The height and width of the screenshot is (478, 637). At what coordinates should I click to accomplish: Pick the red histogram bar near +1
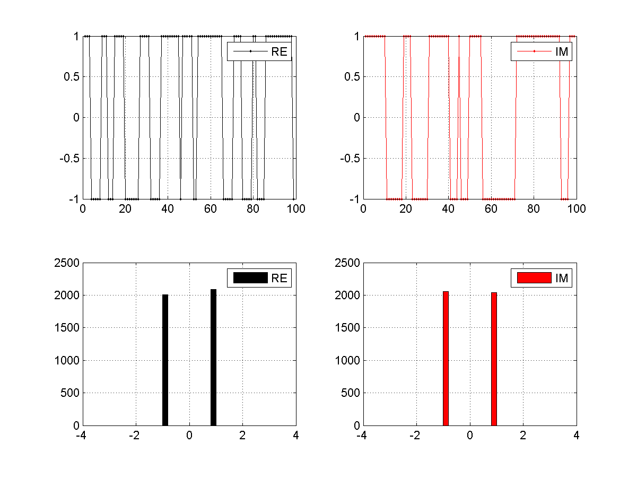[494, 359]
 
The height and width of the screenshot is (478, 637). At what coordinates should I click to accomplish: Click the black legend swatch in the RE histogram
[250, 277]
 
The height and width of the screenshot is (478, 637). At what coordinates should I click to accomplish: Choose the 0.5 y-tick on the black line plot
[69, 77]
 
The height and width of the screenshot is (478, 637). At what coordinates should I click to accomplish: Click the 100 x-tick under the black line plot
[295, 209]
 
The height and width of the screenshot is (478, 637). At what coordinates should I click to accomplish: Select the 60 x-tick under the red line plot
[491, 209]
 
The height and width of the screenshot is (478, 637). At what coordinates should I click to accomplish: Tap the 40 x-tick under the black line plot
[168, 209]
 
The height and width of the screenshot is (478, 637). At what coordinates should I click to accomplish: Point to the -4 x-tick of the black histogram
[81, 436]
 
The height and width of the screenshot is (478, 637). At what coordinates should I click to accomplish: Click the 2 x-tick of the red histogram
[523, 436]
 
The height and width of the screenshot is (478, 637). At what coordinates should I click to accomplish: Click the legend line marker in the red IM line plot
[534, 51]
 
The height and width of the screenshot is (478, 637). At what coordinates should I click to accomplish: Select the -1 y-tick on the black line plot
[73, 199]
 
